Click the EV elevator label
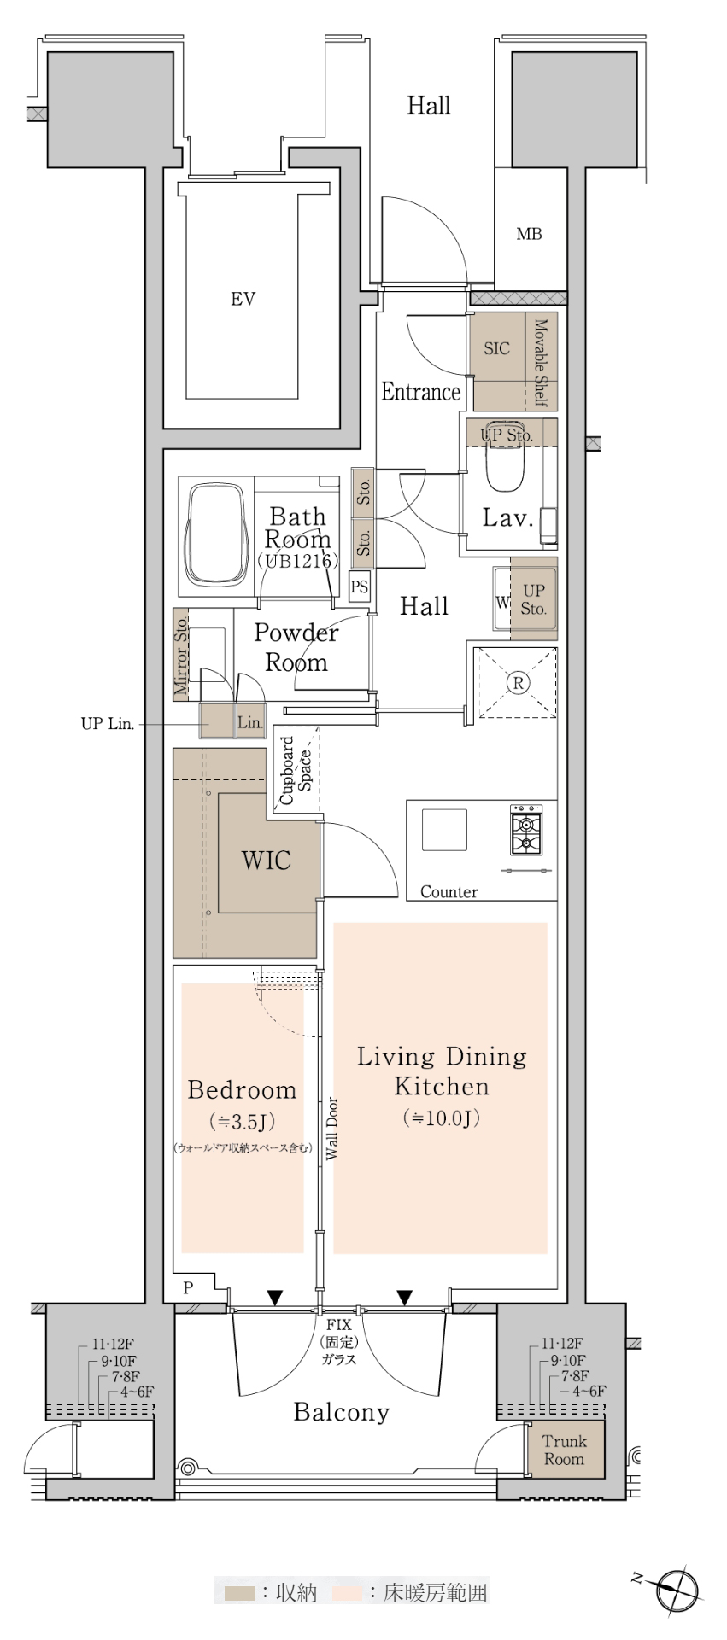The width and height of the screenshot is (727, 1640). point(243,299)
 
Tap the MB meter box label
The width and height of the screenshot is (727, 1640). point(529,234)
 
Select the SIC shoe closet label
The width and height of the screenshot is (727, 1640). point(496,348)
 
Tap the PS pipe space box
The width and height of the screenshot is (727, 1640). point(360,587)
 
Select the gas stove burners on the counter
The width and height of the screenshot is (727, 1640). point(525,830)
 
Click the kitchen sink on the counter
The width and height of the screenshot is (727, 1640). point(444,830)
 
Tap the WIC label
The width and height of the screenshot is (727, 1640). point(267,860)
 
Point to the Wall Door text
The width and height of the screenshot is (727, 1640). point(332,1128)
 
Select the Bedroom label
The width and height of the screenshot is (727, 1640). point(243,1090)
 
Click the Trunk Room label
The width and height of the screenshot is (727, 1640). point(564,1450)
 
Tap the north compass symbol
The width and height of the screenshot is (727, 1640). point(677,1589)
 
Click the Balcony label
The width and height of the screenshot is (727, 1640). point(342,1412)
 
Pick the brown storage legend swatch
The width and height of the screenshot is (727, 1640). point(239,1593)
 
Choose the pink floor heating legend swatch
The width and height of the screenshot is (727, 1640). point(347,1593)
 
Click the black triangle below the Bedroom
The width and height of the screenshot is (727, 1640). point(274,1299)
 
